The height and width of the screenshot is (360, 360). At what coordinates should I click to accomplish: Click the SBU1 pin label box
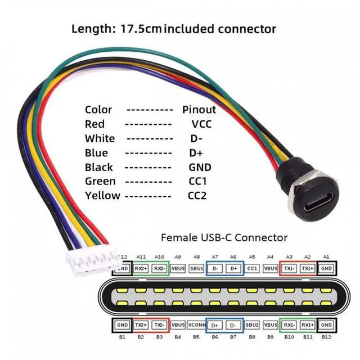(x=196, y=269)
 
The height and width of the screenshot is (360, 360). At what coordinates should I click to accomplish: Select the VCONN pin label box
(x=196, y=325)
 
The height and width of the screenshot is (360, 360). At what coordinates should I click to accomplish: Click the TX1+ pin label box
(x=307, y=269)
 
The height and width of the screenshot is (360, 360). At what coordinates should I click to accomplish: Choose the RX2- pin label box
(x=160, y=269)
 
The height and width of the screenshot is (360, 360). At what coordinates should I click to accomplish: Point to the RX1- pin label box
(x=289, y=325)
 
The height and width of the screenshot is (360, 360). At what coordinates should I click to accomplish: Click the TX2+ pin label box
(x=141, y=325)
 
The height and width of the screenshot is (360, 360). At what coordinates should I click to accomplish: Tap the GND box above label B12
(x=326, y=325)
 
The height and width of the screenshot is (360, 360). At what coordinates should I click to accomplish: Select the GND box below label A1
(x=326, y=269)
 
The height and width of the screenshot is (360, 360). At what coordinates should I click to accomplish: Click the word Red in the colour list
(x=94, y=124)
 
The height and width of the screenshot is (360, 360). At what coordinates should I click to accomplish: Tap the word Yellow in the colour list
(x=102, y=196)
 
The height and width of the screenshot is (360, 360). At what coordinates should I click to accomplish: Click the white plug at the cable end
(x=92, y=260)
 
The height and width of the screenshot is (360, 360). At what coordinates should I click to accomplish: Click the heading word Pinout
(x=199, y=110)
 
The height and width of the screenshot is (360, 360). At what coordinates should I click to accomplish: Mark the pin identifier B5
(x=196, y=337)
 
